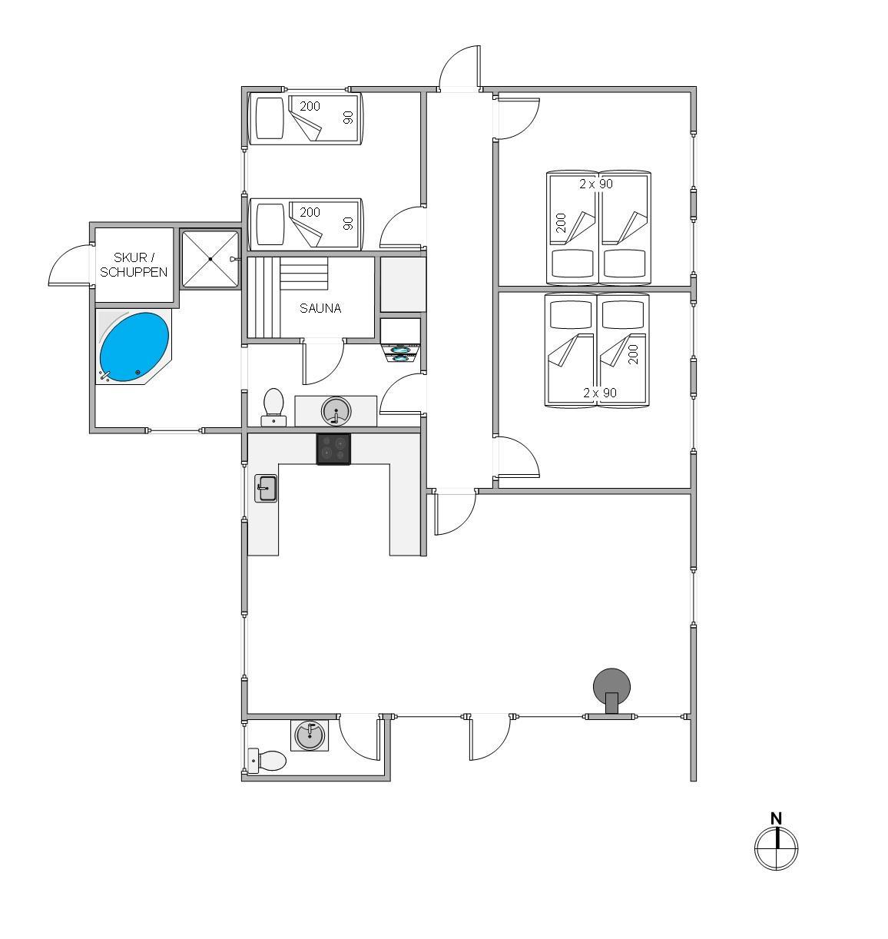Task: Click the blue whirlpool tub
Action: (x=134, y=347)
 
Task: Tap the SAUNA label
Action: (x=320, y=308)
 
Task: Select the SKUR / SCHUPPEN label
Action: (x=134, y=264)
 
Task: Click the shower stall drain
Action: (x=210, y=259)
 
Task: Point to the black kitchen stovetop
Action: (x=333, y=449)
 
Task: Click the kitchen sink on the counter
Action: (x=266, y=488)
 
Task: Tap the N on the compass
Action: (x=776, y=818)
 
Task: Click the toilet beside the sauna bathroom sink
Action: (x=273, y=407)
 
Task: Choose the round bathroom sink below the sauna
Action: (x=336, y=411)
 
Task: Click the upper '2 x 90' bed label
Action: (x=595, y=184)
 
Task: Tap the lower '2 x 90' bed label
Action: (x=599, y=393)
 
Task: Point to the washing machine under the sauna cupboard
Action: (x=400, y=353)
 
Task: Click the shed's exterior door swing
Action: (x=69, y=264)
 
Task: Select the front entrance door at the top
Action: (x=459, y=67)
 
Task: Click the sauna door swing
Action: (x=323, y=362)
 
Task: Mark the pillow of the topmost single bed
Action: (x=270, y=118)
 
